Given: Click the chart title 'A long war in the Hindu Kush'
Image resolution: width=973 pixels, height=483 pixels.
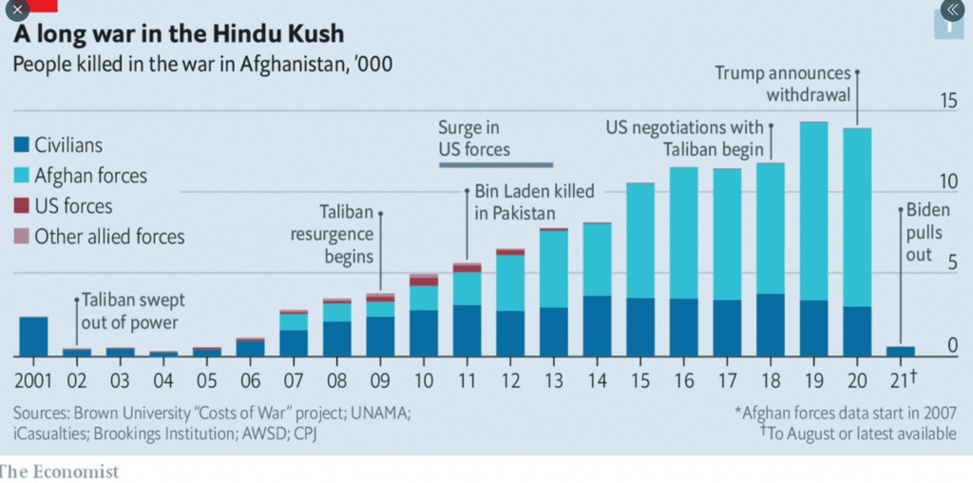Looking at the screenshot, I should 179,36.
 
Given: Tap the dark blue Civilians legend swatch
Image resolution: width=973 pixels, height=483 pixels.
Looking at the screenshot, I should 22,146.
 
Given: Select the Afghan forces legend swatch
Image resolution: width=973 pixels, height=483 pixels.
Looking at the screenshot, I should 22,177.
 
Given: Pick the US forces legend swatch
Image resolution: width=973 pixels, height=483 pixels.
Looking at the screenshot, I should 22,206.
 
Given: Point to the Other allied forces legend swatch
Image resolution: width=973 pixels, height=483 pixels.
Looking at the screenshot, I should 22,237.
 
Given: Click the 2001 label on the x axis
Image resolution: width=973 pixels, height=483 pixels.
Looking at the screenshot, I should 33,380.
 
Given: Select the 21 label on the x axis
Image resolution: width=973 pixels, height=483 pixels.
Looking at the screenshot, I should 898,380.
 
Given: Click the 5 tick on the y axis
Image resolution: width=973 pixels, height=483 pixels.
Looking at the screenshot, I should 951,262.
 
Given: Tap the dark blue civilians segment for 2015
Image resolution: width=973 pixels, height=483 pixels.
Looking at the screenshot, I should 640,327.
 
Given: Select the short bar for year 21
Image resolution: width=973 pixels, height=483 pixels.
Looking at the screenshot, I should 901,351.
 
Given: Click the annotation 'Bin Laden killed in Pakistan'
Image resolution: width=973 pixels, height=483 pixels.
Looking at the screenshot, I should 534,203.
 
